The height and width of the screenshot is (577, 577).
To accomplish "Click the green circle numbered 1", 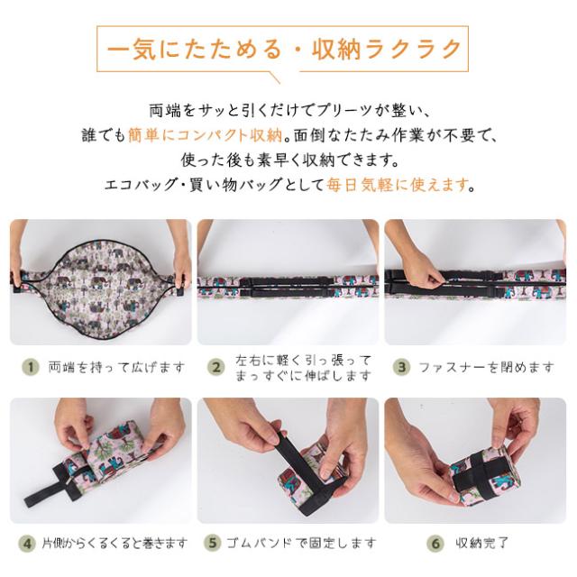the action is pyautogui.click(x=31, y=367).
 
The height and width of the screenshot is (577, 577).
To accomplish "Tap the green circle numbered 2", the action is pyautogui.click(x=216, y=367).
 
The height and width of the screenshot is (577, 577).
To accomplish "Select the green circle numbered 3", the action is pyautogui.click(x=402, y=367).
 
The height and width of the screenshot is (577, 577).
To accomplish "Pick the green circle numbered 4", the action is pyautogui.click(x=27, y=543).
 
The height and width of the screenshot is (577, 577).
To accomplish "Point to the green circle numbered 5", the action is pyautogui.click(x=213, y=543).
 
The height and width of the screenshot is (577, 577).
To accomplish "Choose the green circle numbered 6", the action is pyautogui.click(x=435, y=543).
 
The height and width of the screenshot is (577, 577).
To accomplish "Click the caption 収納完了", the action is pyautogui.click(x=481, y=543).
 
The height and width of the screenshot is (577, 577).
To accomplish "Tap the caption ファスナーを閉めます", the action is pyautogui.click(x=486, y=367).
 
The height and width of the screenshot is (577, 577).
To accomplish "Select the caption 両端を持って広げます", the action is pyautogui.click(x=116, y=367).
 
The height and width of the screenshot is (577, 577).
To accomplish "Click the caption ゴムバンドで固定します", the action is pyautogui.click(x=301, y=543).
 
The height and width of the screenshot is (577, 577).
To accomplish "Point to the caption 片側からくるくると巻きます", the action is pyautogui.click(x=114, y=543).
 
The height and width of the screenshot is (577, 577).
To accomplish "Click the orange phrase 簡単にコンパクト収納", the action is pyautogui.click(x=205, y=135).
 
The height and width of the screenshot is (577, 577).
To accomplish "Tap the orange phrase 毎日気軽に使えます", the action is pyautogui.click(x=398, y=184).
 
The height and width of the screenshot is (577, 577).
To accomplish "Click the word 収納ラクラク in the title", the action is pyautogui.click(x=387, y=50).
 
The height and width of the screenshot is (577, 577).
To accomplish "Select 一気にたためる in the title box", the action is pyautogui.click(x=195, y=50).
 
